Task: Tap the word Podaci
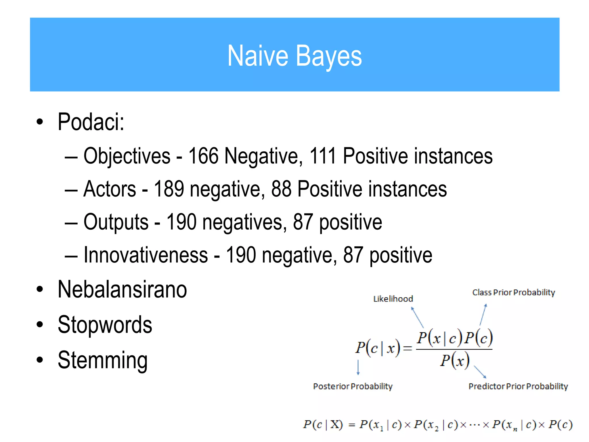tap(91, 122)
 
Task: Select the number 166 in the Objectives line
tap(203, 156)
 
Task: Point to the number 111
tap(323, 156)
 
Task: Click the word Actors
tap(110, 189)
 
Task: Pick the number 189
tap(169, 189)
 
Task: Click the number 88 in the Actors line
tap(281, 189)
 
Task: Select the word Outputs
tap(116, 222)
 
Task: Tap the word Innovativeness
tap(146, 255)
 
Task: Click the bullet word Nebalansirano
tap(122, 289)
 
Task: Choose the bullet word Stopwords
tap(105, 325)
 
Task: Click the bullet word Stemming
tap(102, 360)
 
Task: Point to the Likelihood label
tap(393, 299)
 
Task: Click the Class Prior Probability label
tap(513, 292)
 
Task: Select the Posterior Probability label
tap(353, 386)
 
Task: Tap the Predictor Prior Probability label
tap(518, 386)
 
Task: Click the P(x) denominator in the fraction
tap(454, 361)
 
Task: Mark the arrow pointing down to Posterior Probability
tap(358, 367)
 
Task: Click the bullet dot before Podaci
tap(40, 122)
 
